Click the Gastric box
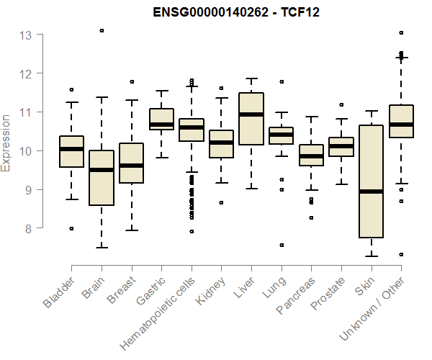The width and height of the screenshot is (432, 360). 161,119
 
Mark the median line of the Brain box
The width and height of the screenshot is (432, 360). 102,170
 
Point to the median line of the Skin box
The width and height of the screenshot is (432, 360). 371,192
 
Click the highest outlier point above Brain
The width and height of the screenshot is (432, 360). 102,30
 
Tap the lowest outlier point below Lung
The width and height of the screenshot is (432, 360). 282,245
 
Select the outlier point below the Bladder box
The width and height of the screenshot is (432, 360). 71,228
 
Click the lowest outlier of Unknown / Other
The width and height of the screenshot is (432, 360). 401,254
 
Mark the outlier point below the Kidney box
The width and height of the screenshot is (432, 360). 222,203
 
